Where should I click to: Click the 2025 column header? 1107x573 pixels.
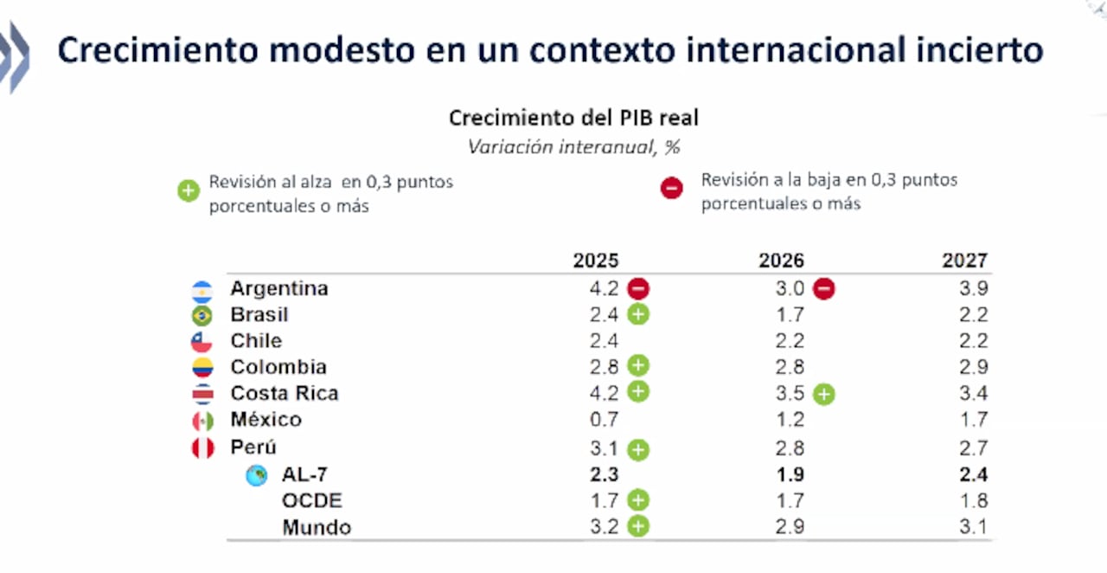(595, 261)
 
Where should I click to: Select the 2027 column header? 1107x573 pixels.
(964, 261)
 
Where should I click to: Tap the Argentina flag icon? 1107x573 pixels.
(202, 290)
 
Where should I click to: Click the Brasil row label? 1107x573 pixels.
(259, 314)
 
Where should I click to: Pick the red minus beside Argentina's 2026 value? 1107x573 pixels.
(823, 289)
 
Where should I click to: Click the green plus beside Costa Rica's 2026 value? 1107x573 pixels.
(823, 395)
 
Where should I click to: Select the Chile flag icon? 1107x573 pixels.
(202, 342)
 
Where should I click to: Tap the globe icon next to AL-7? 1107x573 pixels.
(256, 475)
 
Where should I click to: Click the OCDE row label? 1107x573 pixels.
(311, 500)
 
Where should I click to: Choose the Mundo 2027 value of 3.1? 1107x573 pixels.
(973, 526)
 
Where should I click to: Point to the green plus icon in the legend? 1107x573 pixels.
(189, 190)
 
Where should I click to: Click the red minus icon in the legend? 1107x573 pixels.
(671, 188)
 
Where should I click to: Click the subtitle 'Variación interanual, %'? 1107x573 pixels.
(573, 146)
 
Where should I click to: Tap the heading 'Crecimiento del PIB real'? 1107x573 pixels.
(573, 118)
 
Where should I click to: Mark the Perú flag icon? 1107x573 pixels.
(202, 448)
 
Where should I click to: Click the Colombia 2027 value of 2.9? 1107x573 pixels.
(973, 367)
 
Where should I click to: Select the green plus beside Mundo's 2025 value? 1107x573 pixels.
(638, 526)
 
